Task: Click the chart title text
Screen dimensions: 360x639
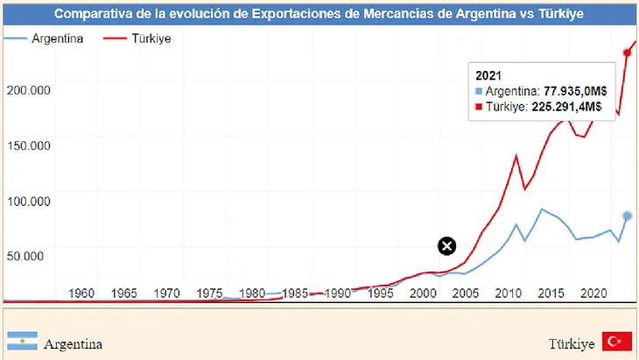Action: click(x=319, y=14)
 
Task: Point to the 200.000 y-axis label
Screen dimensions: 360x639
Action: click(x=28, y=89)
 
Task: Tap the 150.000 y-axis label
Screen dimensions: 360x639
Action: click(x=28, y=145)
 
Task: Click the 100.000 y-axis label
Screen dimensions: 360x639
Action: click(x=28, y=201)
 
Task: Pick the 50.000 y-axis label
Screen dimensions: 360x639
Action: click(x=32, y=256)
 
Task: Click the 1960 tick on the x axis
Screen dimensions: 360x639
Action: click(x=81, y=293)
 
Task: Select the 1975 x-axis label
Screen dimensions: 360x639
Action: click(x=210, y=293)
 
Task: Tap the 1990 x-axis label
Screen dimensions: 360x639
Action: click(x=338, y=293)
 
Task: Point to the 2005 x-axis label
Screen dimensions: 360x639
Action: click(x=466, y=293)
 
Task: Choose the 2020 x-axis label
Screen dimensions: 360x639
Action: click(x=594, y=293)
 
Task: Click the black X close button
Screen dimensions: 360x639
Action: click(x=446, y=246)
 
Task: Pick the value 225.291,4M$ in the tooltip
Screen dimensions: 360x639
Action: click(x=566, y=107)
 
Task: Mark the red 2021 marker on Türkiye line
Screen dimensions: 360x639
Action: click(x=627, y=53)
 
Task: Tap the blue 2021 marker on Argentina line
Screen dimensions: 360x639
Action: click(x=627, y=215)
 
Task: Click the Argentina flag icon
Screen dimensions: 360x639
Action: click(x=22, y=343)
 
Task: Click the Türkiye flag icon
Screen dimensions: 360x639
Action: click(x=618, y=343)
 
